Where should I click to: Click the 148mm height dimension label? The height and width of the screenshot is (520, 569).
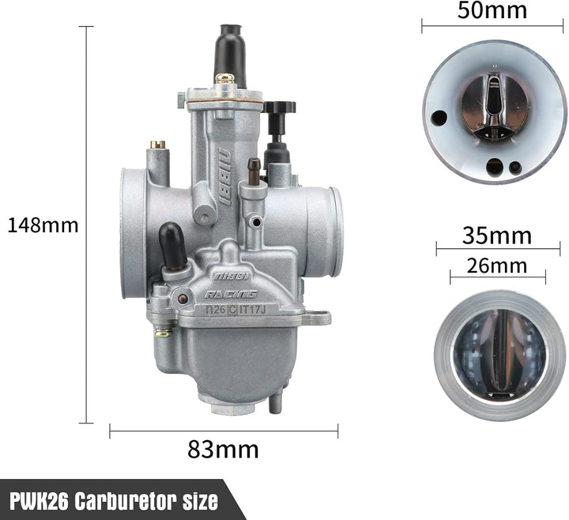[x=43, y=225]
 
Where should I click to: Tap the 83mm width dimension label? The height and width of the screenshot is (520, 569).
[x=223, y=450]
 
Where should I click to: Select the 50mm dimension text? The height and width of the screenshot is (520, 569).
[x=492, y=10]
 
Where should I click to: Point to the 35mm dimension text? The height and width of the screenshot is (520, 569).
[x=497, y=236]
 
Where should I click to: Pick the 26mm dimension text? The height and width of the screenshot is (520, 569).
[x=497, y=266]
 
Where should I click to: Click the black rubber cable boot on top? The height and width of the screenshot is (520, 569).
[x=230, y=55]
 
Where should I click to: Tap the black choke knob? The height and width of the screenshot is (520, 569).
[x=279, y=107]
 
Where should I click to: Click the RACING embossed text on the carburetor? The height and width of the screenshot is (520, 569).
[x=231, y=294]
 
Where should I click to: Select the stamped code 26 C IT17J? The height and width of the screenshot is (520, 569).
[x=236, y=310]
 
